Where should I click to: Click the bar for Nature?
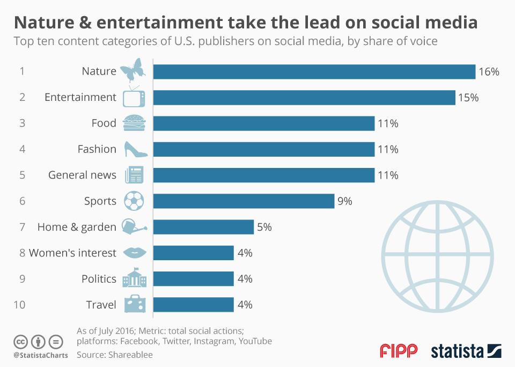click(314, 71)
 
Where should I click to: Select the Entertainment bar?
click(304, 98)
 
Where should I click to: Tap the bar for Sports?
click(244, 201)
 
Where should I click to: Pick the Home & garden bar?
click(203, 227)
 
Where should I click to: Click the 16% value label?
click(489, 71)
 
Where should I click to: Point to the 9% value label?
click(344, 201)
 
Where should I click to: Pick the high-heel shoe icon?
click(135, 149)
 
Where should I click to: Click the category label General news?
click(82, 175)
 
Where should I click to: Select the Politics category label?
click(99, 278)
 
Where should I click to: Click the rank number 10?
click(19, 305)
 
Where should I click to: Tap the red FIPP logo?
click(398, 351)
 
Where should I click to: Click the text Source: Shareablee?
click(114, 355)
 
